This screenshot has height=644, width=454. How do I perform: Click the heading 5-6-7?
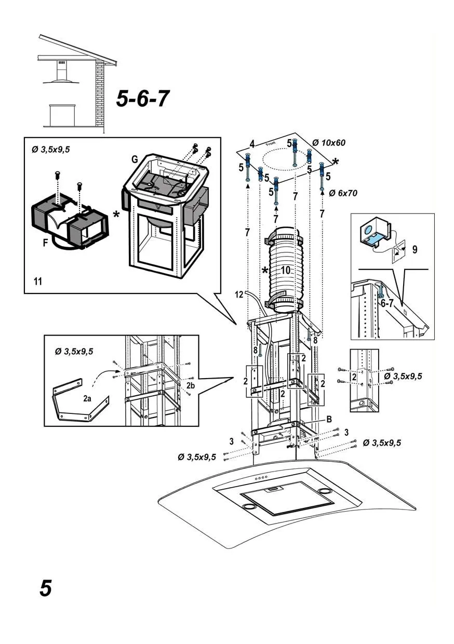142,99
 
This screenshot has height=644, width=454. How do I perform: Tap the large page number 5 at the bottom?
46,588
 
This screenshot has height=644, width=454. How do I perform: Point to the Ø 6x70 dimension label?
343,193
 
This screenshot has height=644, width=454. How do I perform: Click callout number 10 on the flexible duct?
285,271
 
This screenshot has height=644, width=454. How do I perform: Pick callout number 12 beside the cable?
238,294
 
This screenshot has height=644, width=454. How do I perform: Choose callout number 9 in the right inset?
415,249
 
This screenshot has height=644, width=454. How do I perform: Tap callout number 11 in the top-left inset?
37,281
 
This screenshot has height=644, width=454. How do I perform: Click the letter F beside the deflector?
46,243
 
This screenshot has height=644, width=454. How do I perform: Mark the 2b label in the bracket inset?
191,385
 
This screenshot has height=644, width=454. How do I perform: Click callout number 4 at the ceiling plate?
252,143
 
